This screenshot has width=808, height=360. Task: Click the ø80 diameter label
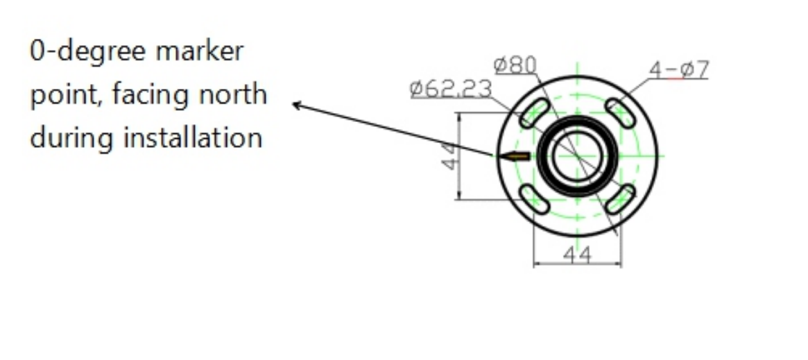coord(515,65)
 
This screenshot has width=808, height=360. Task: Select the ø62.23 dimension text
coord(451,89)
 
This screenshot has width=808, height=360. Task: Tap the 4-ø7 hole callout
coord(679,69)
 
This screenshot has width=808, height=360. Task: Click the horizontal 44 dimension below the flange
coord(577,255)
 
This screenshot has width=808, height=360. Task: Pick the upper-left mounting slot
coord(535,112)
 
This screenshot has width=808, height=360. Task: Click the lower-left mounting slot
coord(535,199)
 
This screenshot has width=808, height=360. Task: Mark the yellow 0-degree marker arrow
coord(514,157)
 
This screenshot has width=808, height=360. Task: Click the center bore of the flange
coord(577,157)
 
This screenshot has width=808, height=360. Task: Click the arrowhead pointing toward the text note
coord(297,105)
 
